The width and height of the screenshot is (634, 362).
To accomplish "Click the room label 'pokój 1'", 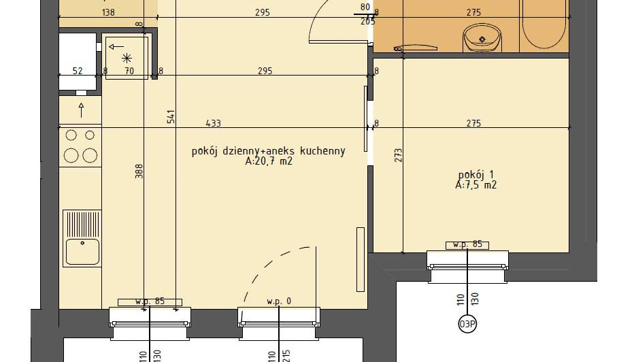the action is pyautogui.click(x=476, y=175).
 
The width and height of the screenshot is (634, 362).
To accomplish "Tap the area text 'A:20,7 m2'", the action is pyautogui.click(x=269, y=161).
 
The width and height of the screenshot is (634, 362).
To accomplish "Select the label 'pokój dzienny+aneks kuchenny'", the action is pyautogui.click(x=269, y=151).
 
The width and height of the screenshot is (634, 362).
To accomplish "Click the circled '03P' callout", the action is pyautogui.click(x=467, y=324).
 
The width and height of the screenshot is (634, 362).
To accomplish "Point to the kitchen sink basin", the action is pyautogui.click(x=82, y=251).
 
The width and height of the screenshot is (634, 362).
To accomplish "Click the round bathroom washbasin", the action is pyautogui.click(x=482, y=37).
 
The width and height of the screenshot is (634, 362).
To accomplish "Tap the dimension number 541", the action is pyautogui.click(x=171, y=116).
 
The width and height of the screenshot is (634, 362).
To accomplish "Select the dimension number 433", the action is pyautogui.click(x=213, y=123).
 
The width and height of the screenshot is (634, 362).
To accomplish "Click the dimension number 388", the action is pyautogui.click(x=139, y=171).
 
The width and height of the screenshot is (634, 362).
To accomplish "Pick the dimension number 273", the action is pyautogui.click(x=398, y=155).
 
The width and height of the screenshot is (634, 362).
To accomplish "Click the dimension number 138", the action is pyautogui.click(x=108, y=12).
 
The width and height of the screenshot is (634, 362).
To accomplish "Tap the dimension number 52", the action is pyautogui.click(x=78, y=71).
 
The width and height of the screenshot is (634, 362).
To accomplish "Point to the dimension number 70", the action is pyautogui.click(x=129, y=71).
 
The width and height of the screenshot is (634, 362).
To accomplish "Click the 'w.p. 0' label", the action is pyautogui.click(x=279, y=301).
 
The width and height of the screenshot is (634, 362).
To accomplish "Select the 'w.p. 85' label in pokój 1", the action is pyautogui.click(x=467, y=245).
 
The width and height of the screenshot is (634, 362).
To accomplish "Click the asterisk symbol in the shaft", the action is pyautogui.click(x=127, y=59).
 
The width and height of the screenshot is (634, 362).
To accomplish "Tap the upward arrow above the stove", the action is pyautogui.click(x=81, y=110).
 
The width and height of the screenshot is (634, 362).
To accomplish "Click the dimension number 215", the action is pyautogui.click(x=286, y=356).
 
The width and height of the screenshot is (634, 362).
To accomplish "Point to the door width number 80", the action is pyautogui.click(x=365, y=7).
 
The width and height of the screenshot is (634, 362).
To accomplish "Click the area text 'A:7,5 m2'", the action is pyautogui.click(x=476, y=185).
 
